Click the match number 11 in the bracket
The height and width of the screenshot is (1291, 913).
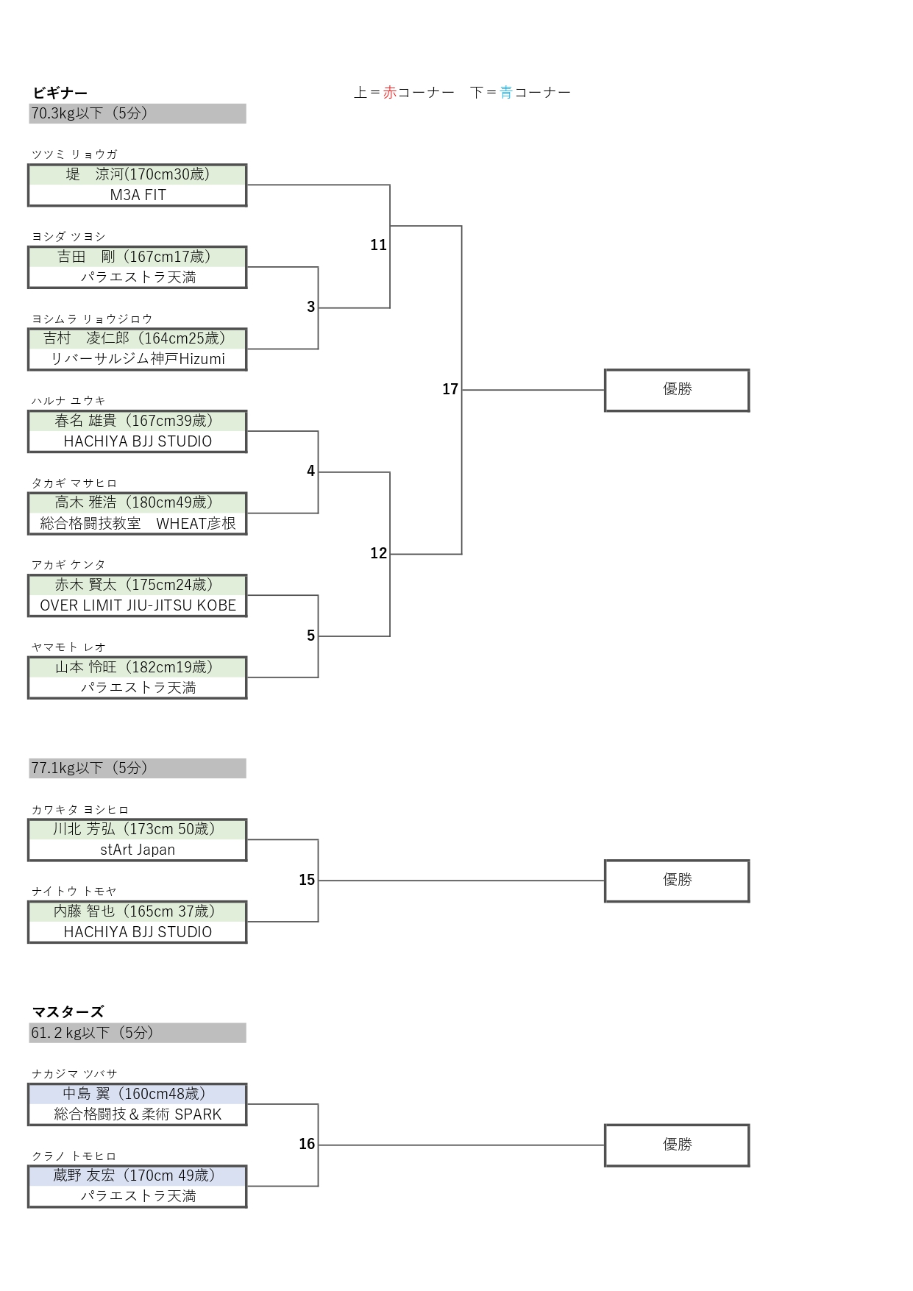point(378,245)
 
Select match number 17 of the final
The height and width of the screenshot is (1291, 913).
point(450,389)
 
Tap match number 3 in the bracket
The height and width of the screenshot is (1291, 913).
point(310,307)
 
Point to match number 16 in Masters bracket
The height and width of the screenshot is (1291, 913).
point(307,1144)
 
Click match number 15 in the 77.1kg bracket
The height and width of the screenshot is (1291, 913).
point(307,880)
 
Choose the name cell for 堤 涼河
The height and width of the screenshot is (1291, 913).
point(138,174)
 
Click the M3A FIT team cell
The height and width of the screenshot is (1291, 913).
point(138,195)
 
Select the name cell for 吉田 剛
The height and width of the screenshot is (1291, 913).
point(138,257)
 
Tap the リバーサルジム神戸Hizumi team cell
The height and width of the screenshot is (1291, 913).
point(138,359)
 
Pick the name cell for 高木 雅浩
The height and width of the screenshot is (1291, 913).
point(138,502)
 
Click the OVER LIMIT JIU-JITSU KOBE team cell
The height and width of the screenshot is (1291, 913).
point(138,605)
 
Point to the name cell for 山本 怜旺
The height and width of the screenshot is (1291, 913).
point(138,667)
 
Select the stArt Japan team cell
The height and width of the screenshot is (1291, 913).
point(138,850)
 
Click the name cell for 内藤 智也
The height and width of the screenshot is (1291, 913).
point(138,911)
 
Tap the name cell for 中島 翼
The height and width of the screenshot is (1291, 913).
point(138,1094)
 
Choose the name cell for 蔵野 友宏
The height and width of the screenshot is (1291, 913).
point(138,1176)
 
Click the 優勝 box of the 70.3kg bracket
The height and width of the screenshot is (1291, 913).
point(677,390)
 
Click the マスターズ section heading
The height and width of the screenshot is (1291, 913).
point(68,1011)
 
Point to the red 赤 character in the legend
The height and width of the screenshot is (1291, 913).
point(390,93)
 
